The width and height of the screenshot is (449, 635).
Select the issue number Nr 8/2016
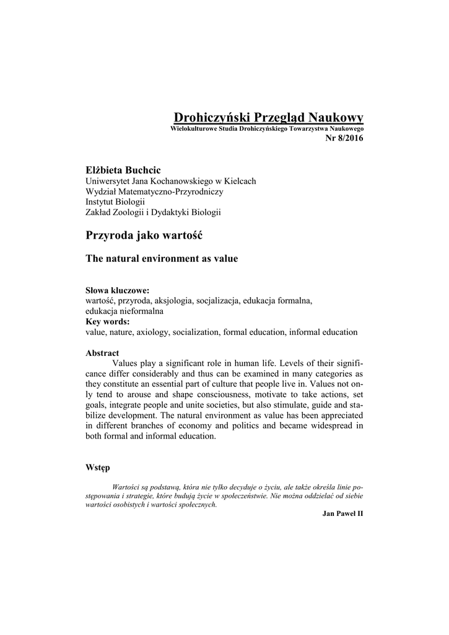tap(344, 137)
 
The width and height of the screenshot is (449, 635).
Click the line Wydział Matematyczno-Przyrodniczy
tap(154, 192)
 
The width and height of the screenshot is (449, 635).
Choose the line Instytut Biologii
tap(115, 202)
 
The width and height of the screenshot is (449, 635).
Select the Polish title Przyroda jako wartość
tap(144, 236)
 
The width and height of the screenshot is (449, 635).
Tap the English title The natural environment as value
tap(161, 258)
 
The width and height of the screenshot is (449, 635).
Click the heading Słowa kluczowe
tap(117, 290)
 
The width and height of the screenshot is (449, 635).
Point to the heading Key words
tap(107, 321)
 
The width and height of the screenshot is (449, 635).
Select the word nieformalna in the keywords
tap(142, 311)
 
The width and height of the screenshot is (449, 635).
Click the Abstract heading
tap(102, 353)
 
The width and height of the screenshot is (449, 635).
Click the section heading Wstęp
tap(97, 468)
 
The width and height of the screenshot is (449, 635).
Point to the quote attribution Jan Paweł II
tap(343, 514)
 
